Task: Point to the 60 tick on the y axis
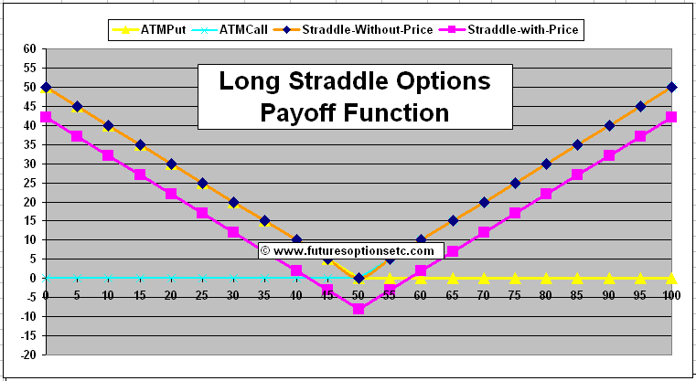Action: point(29,49)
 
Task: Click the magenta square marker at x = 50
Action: point(359,309)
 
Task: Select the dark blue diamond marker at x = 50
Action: point(359,278)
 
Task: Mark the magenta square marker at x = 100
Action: point(672,117)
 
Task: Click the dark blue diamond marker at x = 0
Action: point(46,87)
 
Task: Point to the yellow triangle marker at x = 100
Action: point(672,278)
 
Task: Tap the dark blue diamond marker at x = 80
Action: point(547,164)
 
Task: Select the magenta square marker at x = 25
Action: point(202,213)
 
